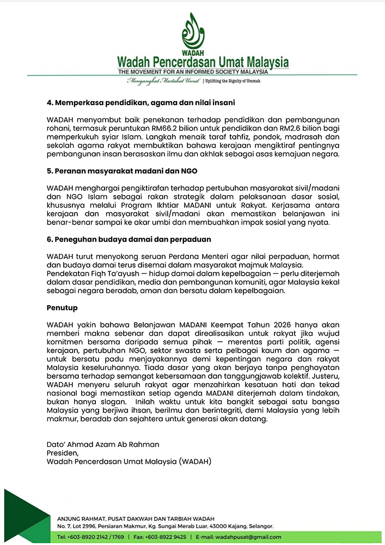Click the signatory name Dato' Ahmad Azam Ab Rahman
pyautogui.click(x=102, y=444)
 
